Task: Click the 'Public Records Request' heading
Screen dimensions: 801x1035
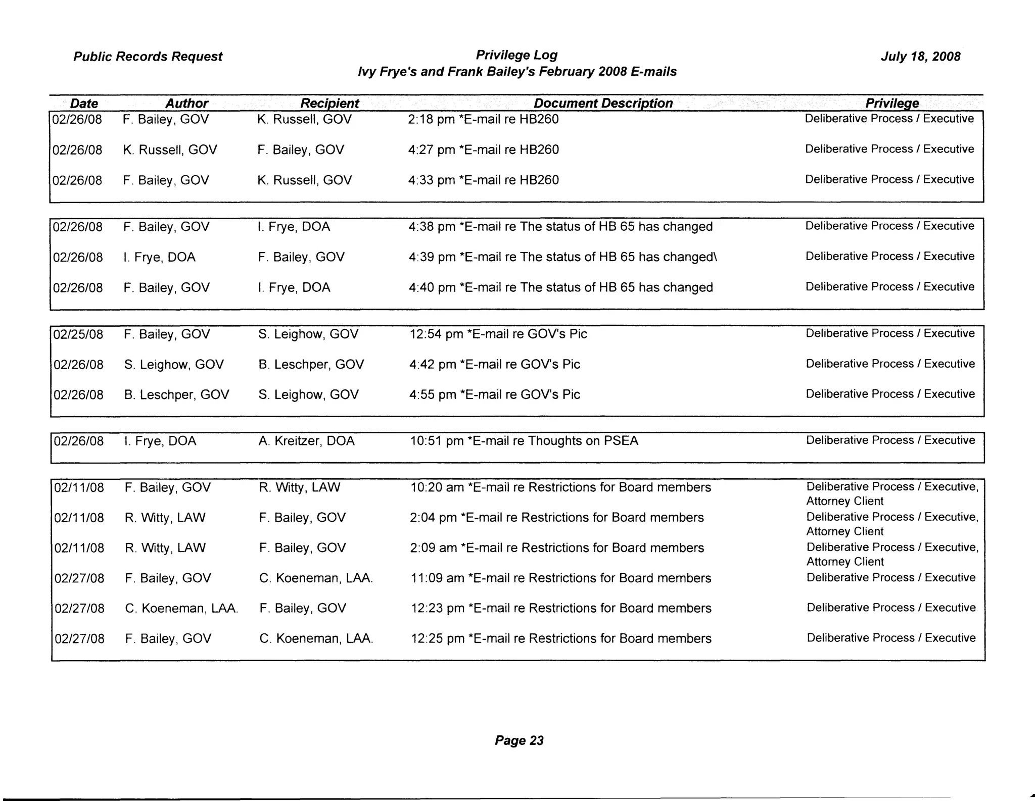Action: (x=148, y=57)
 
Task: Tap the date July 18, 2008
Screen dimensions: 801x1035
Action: (x=920, y=57)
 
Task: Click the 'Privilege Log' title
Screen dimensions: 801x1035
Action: (x=516, y=55)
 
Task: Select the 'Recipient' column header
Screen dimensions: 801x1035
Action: (x=330, y=104)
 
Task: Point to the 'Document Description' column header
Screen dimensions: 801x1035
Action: (x=603, y=104)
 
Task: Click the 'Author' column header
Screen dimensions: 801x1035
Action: (x=186, y=104)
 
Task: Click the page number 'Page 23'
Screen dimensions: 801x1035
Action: (x=519, y=740)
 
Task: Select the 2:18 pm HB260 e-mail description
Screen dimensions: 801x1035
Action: (x=483, y=120)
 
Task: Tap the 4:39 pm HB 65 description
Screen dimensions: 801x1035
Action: (x=562, y=257)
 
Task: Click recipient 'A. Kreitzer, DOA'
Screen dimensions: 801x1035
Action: (x=306, y=441)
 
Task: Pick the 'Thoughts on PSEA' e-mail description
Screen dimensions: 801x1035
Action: (x=524, y=441)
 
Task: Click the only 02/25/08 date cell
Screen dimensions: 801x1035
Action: (x=78, y=334)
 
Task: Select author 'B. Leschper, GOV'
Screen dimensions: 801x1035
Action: (x=176, y=394)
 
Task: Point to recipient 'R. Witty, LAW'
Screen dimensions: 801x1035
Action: (x=300, y=487)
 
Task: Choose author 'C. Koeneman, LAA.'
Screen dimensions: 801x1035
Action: (x=181, y=609)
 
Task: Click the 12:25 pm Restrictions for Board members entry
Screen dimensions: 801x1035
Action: (x=561, y=638)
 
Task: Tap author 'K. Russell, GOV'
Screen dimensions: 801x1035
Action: (x=170, y=150)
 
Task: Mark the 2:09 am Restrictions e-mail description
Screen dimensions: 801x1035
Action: (x=557, y=548)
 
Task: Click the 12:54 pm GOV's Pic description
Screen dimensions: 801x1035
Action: (x=498, y=334)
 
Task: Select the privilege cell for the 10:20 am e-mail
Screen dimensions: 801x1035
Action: (x=892, y=493)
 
